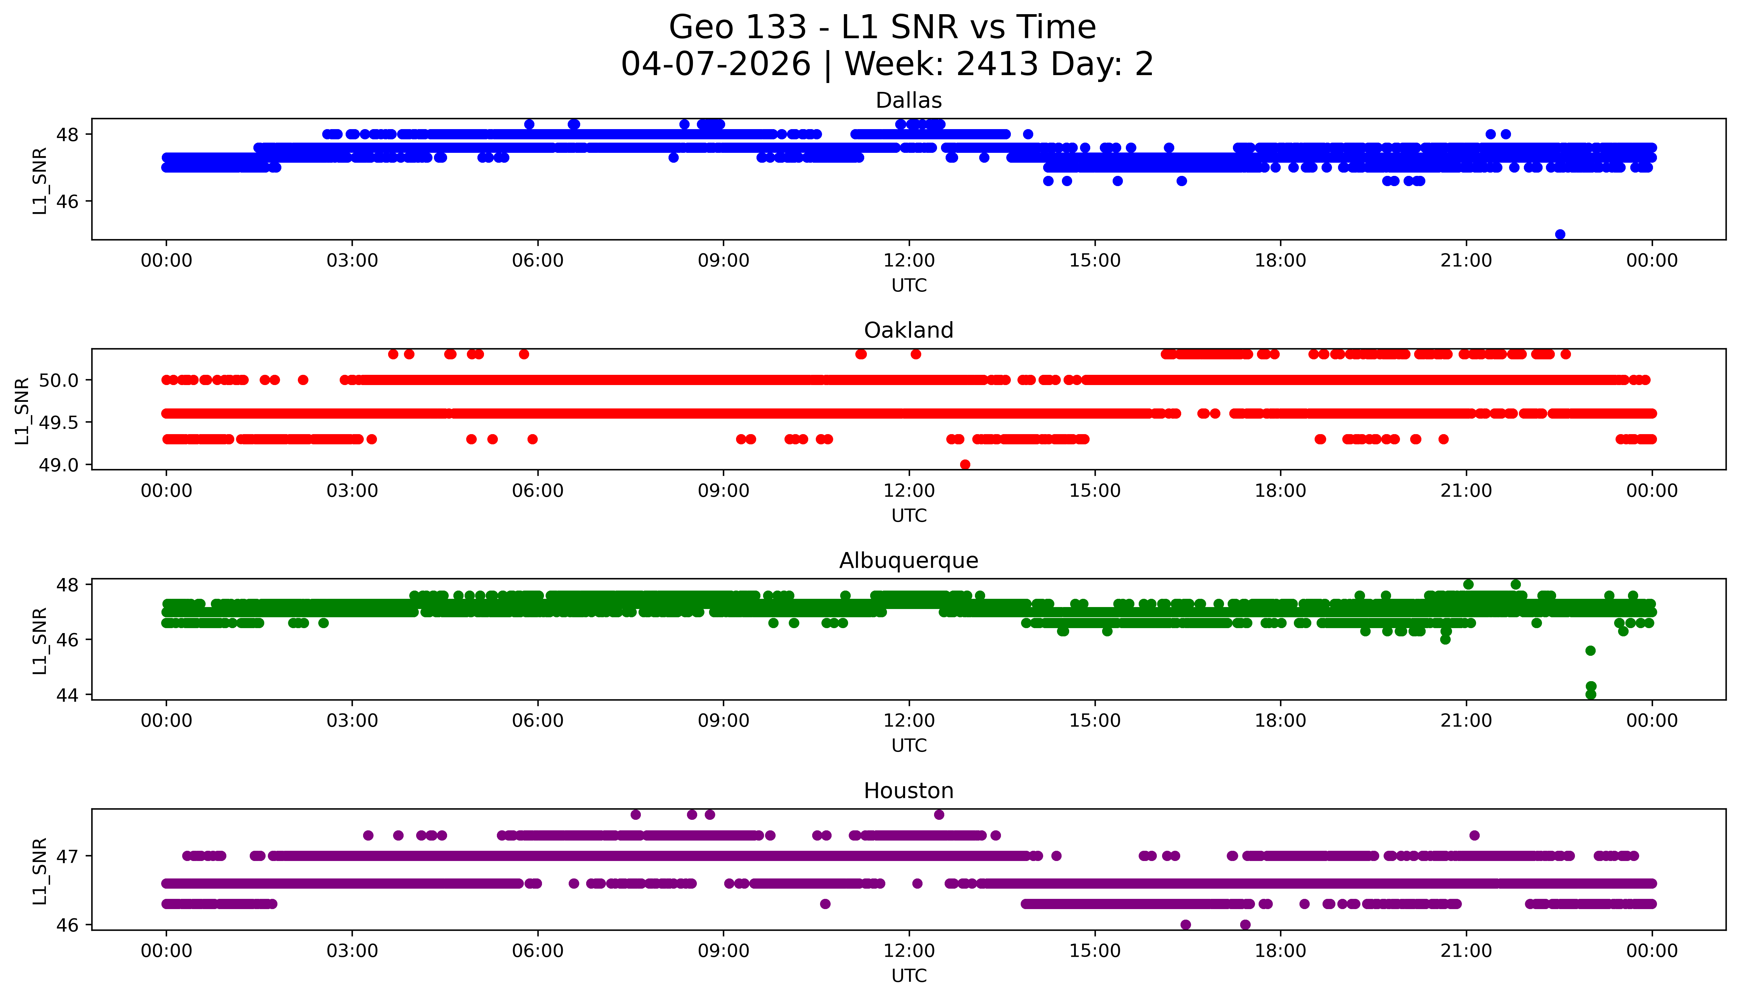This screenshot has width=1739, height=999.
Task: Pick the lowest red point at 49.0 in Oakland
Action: (965, 464)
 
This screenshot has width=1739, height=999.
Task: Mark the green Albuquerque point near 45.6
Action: (1590, 651)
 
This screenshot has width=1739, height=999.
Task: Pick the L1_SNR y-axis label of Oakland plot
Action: (22, 410)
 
